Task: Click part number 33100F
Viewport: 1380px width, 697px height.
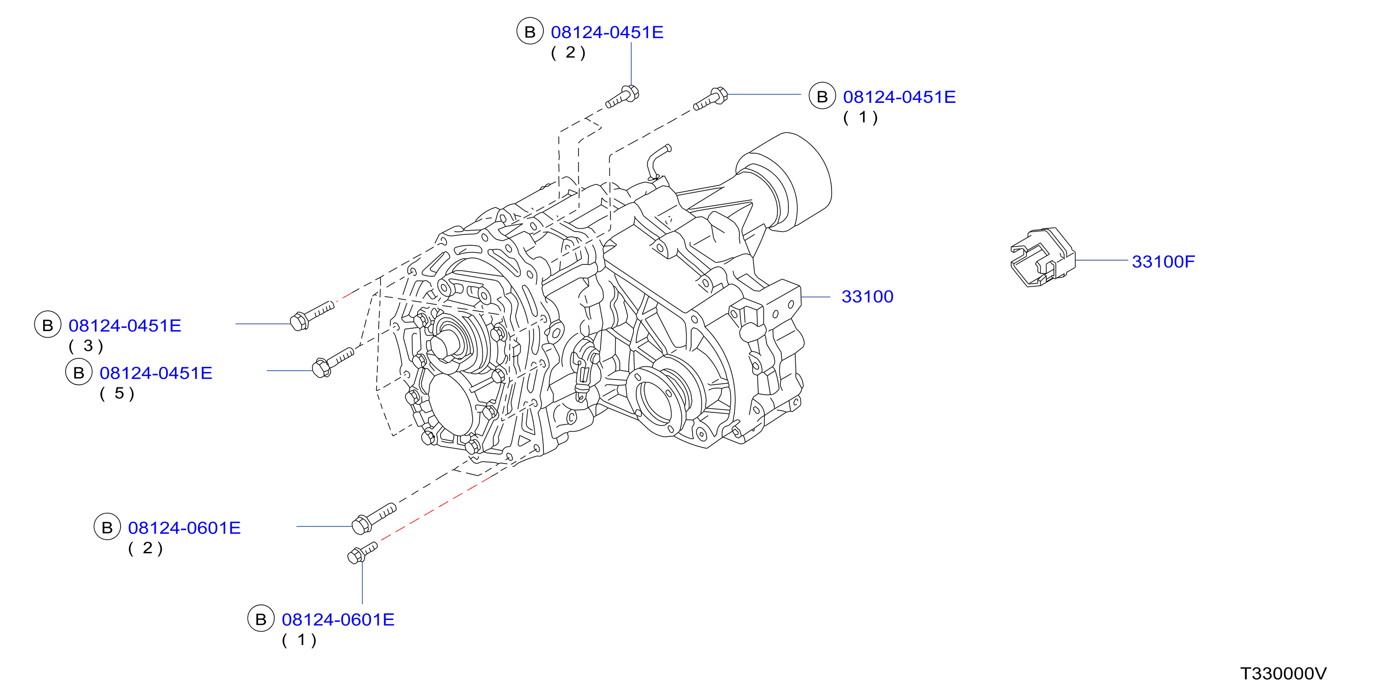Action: pos(1163,262)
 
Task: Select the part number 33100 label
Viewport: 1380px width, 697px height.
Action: pos(867,296)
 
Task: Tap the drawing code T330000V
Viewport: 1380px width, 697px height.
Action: pos(1283,674)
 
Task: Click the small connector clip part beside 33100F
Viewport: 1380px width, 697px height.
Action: pos(1042,257)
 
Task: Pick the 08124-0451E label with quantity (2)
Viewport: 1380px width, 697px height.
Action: pos(607,32)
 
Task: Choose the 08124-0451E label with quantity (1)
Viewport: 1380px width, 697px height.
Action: pos(899,97)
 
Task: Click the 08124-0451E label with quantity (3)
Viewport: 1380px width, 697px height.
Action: pos(125,325)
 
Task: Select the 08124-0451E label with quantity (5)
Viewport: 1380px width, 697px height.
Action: pos(156,373)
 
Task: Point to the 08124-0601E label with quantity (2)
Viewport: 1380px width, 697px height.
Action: pos(184,528)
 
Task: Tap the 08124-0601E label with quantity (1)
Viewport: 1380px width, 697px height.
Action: pos(338,620)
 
